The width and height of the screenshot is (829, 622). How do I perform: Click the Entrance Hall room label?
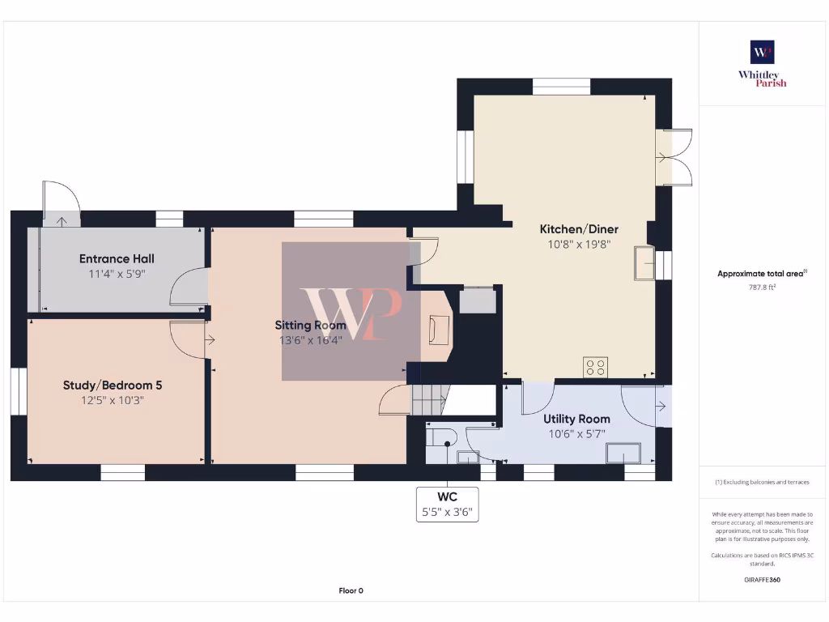click(x=117, y=259)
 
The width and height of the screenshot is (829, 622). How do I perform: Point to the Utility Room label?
click(x=576, y=419)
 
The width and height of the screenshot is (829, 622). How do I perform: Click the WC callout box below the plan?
click(x=447, y=504)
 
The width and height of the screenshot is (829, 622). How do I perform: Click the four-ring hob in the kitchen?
click(x=596, y=367)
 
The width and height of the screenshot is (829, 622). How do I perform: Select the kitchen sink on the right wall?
click(x=645, y=262)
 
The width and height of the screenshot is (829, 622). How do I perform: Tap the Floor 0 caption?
click(x=351, y=590)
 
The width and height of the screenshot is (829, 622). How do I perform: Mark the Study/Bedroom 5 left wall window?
click(x=19, y=393)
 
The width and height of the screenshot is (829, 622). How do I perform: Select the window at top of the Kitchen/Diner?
click(x=561, y=87)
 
